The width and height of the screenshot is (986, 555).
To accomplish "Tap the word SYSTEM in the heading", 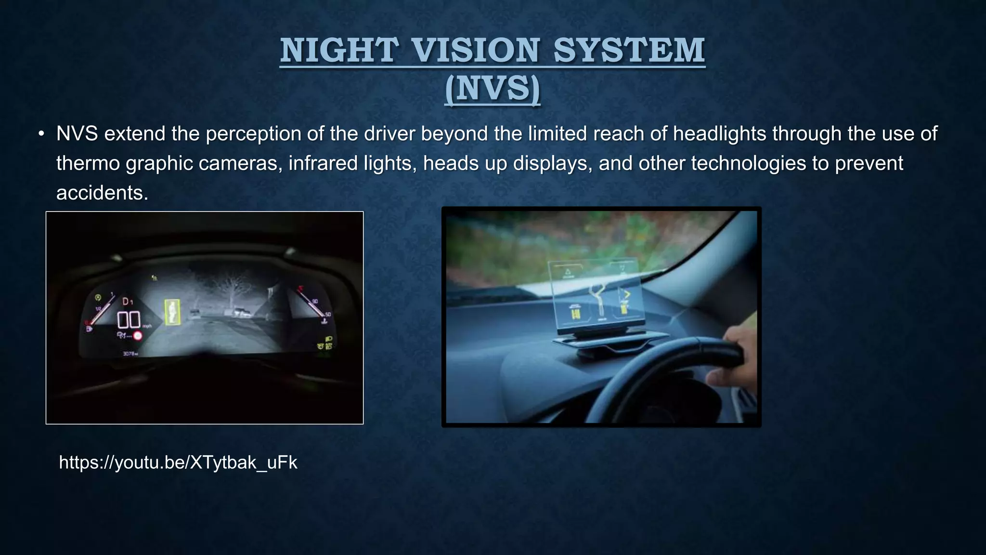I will [x=629, y=50].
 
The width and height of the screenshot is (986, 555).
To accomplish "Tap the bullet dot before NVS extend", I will [x=42, y=133].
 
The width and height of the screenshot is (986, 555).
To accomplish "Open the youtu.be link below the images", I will [x=178, y=462].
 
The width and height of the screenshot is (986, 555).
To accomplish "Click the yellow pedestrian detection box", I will [x=172, y=312].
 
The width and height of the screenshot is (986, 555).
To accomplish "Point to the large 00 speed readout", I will [x=129, y=319].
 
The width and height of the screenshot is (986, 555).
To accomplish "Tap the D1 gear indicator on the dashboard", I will [x=128, y=302].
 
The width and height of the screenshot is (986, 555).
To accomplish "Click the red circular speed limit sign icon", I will [x=138, y=336].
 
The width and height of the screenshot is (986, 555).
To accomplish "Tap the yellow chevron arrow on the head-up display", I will [x=627, y=293].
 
